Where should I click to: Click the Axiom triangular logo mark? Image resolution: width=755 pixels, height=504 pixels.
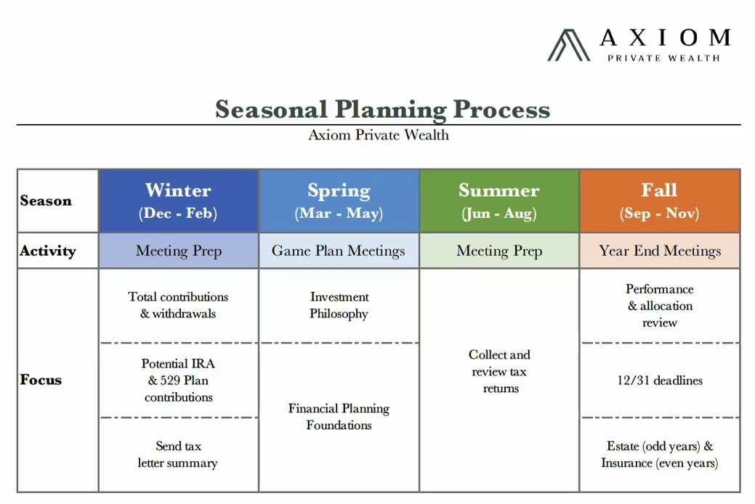click(x=568, y=45)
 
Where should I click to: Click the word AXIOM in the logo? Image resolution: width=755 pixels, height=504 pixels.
click(x=664, y=37)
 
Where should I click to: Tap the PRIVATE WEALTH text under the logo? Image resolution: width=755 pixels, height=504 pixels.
click(x=663, y=58)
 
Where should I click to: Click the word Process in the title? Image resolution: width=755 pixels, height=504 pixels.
click(x=501, y=110)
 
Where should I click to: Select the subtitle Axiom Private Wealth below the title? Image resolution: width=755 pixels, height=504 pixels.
click(x=379, y=135)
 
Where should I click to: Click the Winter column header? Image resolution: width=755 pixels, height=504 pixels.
click(x=178, y=191)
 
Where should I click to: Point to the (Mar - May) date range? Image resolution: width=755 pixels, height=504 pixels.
click(x=339, y=214)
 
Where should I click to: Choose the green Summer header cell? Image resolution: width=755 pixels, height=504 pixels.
click(x=499, y=201)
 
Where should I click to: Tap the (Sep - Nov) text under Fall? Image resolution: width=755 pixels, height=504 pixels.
click(x=659, y=214)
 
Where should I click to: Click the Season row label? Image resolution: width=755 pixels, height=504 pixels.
click(x=46, y=201)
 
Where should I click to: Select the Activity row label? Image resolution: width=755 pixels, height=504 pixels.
click(x=48, y=251)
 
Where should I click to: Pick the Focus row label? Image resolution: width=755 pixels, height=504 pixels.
click(x=41, y=380)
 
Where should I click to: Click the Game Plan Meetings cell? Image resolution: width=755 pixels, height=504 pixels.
click(x=339, y=251)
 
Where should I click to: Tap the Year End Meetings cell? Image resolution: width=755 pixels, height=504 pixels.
click(x=660, y=251)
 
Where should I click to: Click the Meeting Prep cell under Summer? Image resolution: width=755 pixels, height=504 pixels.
click(x=499, y=251)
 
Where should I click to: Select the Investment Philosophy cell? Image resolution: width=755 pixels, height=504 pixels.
click(x=339, y=306)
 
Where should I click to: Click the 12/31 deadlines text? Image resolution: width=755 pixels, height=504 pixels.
click(x=660, y=381)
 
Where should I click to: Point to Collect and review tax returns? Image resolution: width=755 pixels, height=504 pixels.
click(x=500, y=372)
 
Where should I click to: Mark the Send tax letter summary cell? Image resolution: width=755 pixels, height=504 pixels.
click(x=178, y=455)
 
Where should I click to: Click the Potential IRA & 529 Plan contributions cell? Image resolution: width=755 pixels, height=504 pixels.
click(x=178, y=381)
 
